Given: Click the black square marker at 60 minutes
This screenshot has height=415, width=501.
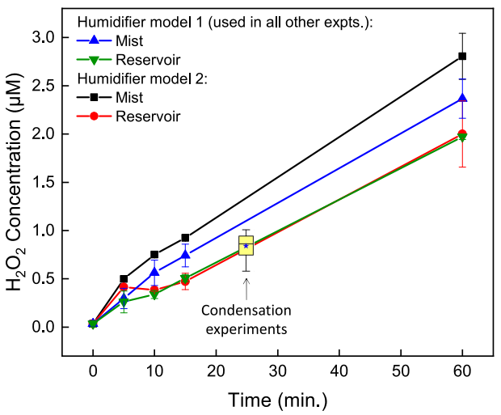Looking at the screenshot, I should (x=462, y=56).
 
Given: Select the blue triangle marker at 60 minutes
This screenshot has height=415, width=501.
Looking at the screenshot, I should (x=462, y=98).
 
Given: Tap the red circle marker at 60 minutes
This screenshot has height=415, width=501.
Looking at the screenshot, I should (x=462, y=133).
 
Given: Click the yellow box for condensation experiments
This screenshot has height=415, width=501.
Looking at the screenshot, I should (x=246, y=245).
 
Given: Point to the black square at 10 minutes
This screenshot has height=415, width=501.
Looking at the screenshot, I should (x=154, y=254).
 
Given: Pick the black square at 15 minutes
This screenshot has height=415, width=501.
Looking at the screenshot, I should (x=185, y=238).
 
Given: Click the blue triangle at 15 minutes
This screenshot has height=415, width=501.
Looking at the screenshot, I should (x=185, y=255).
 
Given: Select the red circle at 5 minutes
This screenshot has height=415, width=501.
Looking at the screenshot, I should (x=124, y=286).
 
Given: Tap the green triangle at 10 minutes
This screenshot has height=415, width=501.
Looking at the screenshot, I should (x=154, y=295).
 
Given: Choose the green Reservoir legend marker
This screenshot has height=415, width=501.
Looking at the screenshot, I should (x=95, y=60).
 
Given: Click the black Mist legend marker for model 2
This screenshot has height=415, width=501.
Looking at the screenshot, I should (x=95, y=98).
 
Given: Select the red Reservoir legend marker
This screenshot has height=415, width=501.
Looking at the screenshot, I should (x=95, y=116).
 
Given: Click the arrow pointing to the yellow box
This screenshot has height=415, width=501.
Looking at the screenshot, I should (x=246, y=287).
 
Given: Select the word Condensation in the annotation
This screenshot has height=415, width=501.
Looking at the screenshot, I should (x=246, y=310).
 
